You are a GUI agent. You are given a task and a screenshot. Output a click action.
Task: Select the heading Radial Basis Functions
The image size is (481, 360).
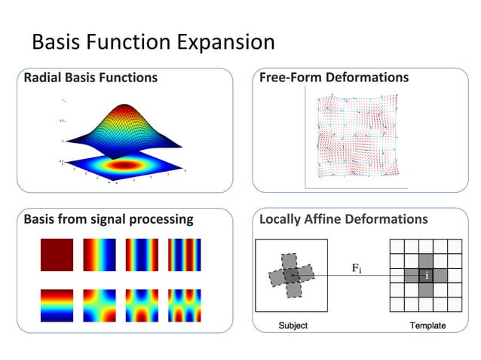[x=90, y=78]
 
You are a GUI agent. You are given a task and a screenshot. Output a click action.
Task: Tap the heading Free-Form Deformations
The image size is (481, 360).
[x=334, y=78]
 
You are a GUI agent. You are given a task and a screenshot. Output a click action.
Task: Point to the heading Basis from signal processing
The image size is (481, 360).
[x=108, y=220]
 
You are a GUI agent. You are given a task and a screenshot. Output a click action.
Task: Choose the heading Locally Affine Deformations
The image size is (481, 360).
[x=343, y=220]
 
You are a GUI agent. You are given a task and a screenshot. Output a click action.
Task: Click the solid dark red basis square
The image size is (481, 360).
[x=57, y=255]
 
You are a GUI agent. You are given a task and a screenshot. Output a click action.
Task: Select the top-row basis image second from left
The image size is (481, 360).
[x=99, y=255]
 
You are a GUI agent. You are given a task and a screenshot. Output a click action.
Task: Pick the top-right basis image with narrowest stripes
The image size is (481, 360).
[x=184, y=255]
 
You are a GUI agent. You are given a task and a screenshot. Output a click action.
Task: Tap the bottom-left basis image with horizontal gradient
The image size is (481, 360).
[x=57, y=305]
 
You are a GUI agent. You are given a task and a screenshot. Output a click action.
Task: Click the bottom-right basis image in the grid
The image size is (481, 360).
[x=184, y=305]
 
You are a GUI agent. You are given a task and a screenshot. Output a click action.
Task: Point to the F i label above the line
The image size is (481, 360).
[x=357, y=268]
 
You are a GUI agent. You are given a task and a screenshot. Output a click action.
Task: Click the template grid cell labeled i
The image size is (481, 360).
[x=427, y=276]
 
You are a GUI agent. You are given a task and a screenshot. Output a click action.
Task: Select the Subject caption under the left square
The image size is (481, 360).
[x=293, y=325]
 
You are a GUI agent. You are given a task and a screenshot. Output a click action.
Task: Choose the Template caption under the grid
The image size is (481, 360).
[x=427, y=325]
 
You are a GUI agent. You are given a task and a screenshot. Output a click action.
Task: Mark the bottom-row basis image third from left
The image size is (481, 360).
[x=142, y=305]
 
